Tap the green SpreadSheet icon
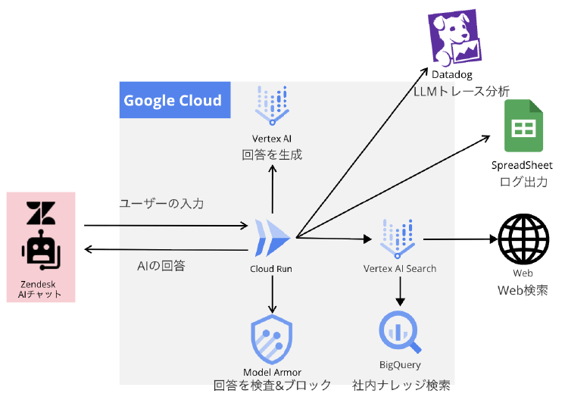tap(522, 128)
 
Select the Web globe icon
tap(523, 238)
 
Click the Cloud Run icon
tap(271, 237)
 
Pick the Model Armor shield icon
tap(272, 341)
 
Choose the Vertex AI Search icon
tap(399, 238)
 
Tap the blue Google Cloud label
tap(173, 101)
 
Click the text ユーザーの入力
tap(161, 204)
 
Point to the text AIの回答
tap(161, 266)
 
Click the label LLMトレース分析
tap(460, 91)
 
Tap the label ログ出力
tap(523, 182)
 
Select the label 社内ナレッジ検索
tap(401, 385)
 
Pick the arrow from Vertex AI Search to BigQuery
tap(400, 291)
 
